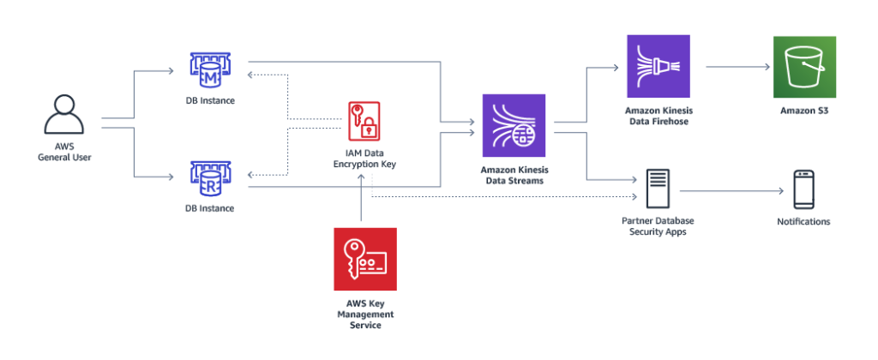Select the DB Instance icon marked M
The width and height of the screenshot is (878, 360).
[211, 71]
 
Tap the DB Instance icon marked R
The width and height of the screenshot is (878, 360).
[211, 179]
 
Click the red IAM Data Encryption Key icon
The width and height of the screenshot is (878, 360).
[364, 121]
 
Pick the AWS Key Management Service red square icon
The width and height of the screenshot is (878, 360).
[365, 259]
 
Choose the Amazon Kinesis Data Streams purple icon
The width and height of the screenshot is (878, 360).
[514, 125]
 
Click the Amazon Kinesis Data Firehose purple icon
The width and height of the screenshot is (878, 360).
[658, 67]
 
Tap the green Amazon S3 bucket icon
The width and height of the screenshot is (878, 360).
[804, 67]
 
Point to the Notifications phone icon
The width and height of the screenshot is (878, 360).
[803, 189]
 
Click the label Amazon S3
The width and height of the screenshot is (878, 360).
[804, 111]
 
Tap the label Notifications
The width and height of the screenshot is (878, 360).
[803, 222]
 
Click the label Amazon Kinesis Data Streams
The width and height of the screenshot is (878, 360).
[513, 175]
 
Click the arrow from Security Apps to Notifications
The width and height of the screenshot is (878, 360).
[732, 191]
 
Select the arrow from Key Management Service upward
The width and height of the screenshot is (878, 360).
[362, 197]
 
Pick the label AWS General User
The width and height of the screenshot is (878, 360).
[64, 153]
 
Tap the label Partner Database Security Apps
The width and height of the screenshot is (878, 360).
[658, 227]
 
